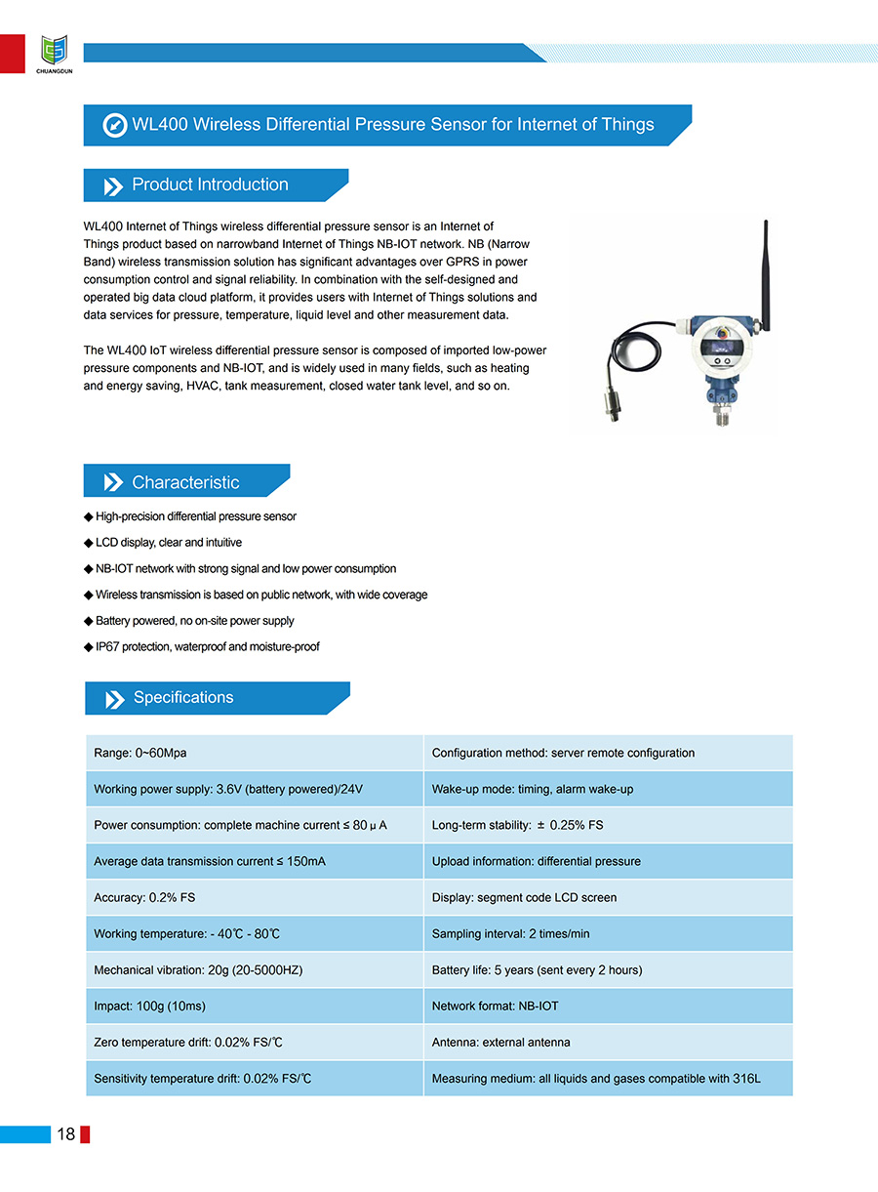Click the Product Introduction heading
coord(210,185)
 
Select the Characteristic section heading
coord(185,482)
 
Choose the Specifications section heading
coord(183,697)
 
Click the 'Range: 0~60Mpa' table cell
coord(254,753)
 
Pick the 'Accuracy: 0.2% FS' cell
coord(254,897)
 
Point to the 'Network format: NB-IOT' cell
coord(608,1006)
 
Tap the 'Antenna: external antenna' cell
coord(608,1042)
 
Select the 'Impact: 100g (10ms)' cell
coord(254,1006)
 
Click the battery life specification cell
coord(608,969)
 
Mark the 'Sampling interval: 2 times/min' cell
coord(608,933)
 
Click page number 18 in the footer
coord(66,1133)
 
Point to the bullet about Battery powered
coord(194,620)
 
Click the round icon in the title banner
coord(115,125)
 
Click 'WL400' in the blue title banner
coord(160,125)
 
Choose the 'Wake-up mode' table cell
coord(608,789)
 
